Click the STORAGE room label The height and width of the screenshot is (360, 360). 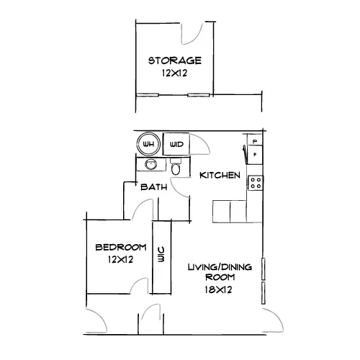click(x=175, y=60)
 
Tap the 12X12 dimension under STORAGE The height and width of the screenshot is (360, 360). click(x=174, y=73)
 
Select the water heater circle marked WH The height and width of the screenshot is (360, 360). click(x=148, y=144)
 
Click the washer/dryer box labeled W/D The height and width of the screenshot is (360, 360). click(x=176, y=144)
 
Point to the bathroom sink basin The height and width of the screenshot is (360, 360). click(x=151, y=165)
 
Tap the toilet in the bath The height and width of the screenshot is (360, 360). click(x=176, y=166)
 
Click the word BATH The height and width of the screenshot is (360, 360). click(x=154, y=187)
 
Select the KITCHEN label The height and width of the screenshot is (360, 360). click(x=220, y=175)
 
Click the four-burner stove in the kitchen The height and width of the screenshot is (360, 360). click(x=256, y=183)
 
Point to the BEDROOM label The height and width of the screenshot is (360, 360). click(x=121, y=247)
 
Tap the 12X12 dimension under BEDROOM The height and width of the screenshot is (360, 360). click(x=120, y=259)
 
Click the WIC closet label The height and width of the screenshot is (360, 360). click(x=161, y=254)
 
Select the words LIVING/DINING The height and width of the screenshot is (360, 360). click(x=220, y=267)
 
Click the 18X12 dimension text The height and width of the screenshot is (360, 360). click(x=218, y=289)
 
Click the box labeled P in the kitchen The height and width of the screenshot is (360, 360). click(x=255, y=141)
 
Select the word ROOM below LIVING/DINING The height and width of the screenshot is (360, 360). click(x=220, y=277)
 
